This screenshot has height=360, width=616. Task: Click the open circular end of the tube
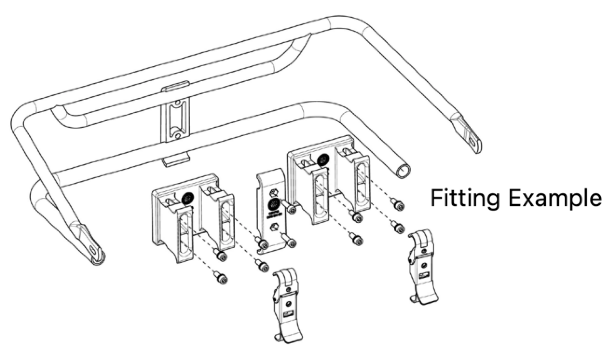404,171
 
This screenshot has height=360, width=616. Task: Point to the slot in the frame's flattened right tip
472,141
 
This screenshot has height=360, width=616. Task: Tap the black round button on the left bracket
187,199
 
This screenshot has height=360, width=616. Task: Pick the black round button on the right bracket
322,160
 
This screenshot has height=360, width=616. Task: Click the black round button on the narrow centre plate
274,204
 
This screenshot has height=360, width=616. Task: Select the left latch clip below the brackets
286,303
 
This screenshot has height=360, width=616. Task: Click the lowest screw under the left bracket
222,279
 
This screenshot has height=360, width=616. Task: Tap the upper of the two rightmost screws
397,205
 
